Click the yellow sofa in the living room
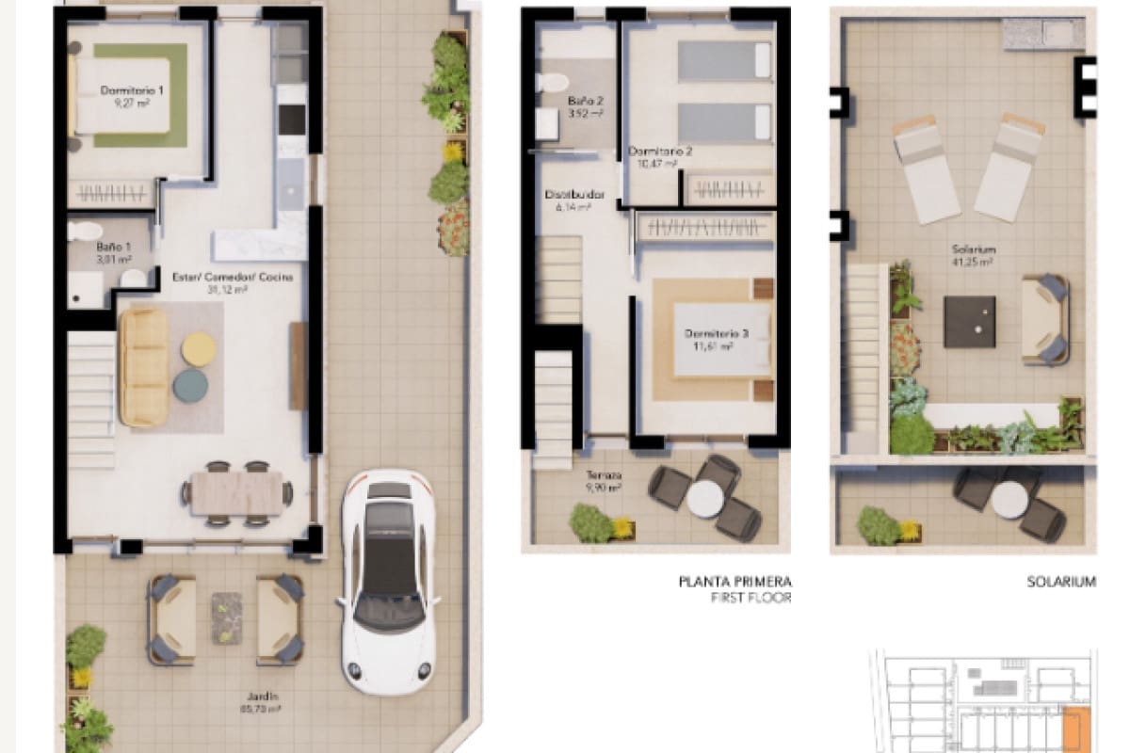point(144,367)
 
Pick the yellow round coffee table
point(198,348)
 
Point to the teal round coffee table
point(190,384)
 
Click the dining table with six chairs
point(237,492)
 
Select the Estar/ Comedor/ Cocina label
point(233,283)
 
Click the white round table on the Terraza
point(704,499)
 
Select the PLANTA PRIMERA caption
point(734,582)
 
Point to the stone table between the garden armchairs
point(226,617)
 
